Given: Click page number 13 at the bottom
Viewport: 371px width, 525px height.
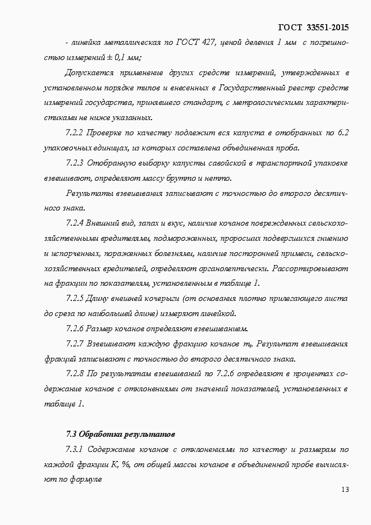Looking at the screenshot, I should pyautogui.click(x=345, y=490).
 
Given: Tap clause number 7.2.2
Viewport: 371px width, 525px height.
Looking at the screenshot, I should pyautogui.click(x=75, y=133).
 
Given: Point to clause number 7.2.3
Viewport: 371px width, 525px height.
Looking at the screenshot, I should pyautogui.click(x=75, y=163).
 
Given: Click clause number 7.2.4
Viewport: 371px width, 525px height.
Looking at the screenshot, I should pyautogui.click(x=75, y=222).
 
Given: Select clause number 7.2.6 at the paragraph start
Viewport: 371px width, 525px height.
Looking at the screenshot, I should pyautogui.click(x=75, y=328).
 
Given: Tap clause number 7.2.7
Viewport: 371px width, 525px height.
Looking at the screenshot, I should pyautogui.click(x=75, y=343).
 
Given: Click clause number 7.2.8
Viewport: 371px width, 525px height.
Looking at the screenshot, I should pyautogui.click(x=75, y=373).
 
